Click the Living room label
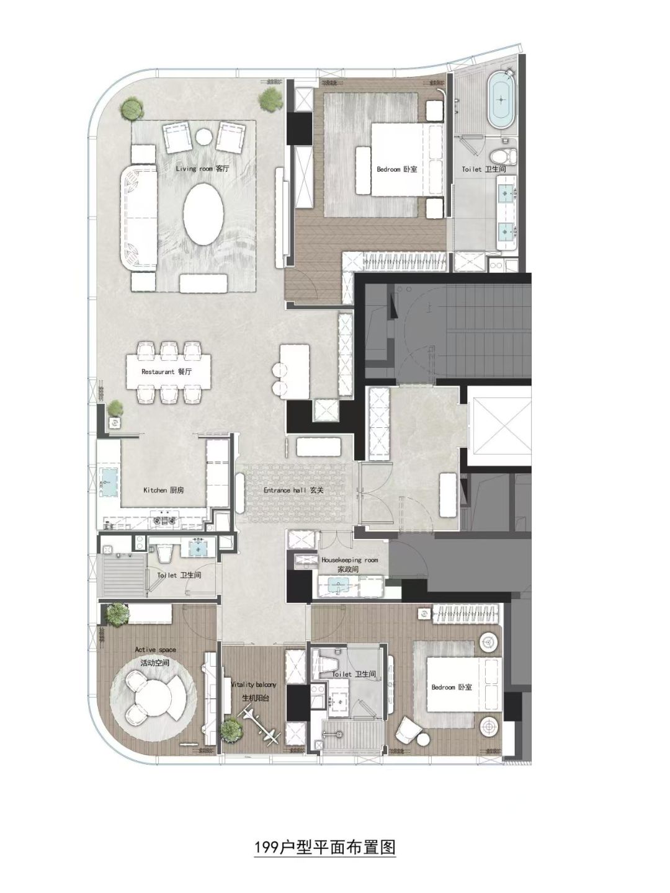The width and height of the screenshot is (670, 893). pos(202,169)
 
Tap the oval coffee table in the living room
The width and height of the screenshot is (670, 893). pos(203,214)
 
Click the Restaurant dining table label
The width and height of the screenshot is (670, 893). pos(166,371)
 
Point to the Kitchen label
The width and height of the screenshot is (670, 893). pos(164,491)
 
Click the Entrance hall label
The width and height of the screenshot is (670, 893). pos(293,491)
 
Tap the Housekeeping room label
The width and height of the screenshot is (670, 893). pos(349,565)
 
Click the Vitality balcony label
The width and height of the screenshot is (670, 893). pos(254,691)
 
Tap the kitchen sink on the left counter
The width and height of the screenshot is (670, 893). pos(108,482)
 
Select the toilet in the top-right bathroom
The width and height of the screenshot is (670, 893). pos(502,154)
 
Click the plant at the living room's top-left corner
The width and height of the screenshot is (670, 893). pos(132,109)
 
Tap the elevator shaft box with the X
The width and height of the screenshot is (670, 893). pos(499,425)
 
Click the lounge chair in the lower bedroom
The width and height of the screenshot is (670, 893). pos(408,729)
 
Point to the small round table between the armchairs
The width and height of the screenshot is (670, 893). pos(203,135)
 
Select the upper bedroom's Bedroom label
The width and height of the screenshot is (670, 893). pos(396,169)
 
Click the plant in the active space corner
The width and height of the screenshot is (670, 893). pos(117,614)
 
